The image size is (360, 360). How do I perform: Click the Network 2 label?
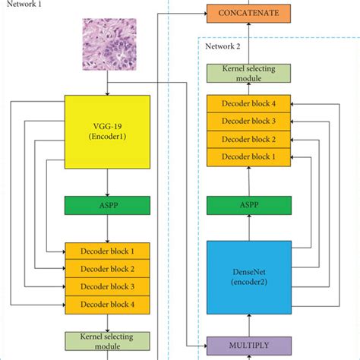(x=223, y=47)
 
